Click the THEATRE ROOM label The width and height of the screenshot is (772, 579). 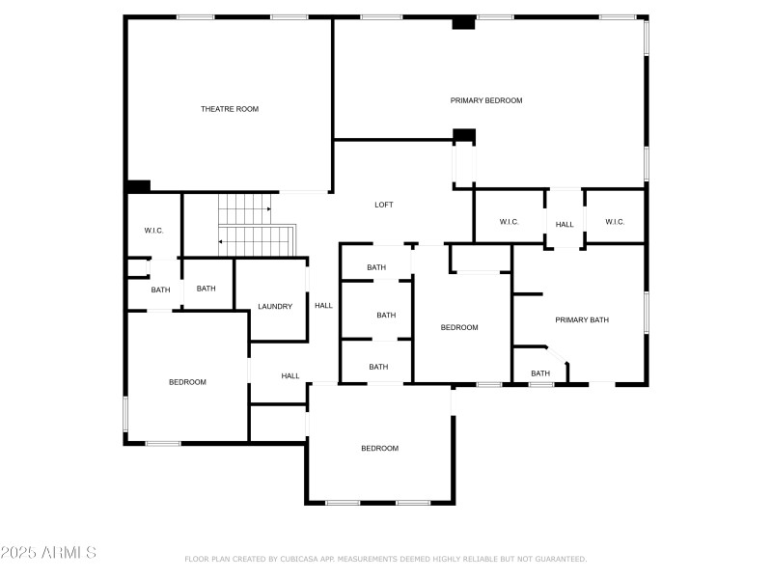tap(230, 109)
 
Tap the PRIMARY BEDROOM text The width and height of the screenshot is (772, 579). tap(486, 100)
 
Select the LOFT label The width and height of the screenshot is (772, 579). tap(384, 205)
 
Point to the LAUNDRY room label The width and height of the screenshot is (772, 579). tap(275, 307)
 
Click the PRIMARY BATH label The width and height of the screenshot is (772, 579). tap(582, 319)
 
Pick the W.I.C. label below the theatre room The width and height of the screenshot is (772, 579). tap(153, 231)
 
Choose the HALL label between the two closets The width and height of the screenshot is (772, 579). tap(565, 225)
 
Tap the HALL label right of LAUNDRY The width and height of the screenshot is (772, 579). tap(323, 306)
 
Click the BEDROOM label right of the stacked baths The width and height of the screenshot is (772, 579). tap(459, 327)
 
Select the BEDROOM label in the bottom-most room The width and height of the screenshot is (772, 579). tap(379, 448)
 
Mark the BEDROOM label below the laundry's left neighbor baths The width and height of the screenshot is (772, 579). tap(187, 382)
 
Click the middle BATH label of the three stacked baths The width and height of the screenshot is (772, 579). tap(386, 315)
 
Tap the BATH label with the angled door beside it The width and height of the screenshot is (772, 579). tap(540, 373)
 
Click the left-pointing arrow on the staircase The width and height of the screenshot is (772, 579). tap(222, 241)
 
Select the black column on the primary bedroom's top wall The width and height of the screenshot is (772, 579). tap(464, 23)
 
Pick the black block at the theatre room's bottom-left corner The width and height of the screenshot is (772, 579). tap(139, 186)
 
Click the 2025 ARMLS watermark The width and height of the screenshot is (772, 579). tap(48, 553)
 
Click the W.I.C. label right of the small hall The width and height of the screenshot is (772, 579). tap(615, 222)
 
